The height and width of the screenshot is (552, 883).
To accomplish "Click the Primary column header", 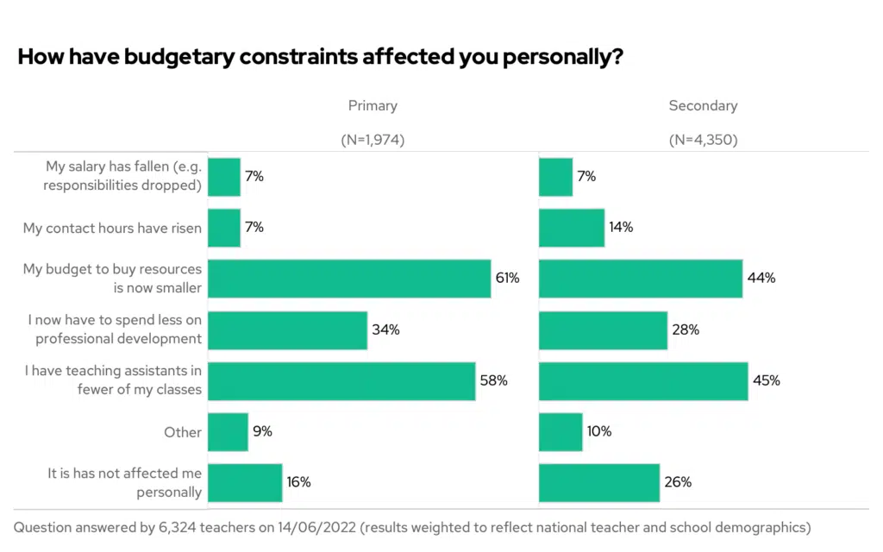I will coord(373,106).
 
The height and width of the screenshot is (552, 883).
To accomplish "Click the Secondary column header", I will coord(703,106).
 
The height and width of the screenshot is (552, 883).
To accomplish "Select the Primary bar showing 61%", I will coord(349,278).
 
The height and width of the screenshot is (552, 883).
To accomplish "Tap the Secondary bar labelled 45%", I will coord(643,380).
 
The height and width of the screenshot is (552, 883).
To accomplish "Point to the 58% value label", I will coord(494,380).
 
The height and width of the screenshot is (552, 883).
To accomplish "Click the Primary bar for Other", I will coord(228,431).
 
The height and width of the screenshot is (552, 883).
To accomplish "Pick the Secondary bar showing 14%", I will coord(572,228).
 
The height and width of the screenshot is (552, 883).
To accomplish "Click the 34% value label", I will coord(386,329).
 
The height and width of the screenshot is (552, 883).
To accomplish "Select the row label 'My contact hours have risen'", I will coord(112,228).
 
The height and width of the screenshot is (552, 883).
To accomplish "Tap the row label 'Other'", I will coord(183,432).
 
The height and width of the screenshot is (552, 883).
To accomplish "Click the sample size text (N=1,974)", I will coord(373,139).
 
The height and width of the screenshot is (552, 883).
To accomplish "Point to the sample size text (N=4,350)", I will coord(703,139).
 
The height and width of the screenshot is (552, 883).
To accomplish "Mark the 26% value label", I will coord(678,482).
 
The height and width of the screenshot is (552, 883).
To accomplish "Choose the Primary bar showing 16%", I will coord(245,482).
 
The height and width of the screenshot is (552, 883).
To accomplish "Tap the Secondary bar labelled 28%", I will coord(603,329).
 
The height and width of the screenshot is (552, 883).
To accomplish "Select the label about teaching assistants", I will coord(112,380).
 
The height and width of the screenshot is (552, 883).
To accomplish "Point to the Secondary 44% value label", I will coord(761,279).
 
